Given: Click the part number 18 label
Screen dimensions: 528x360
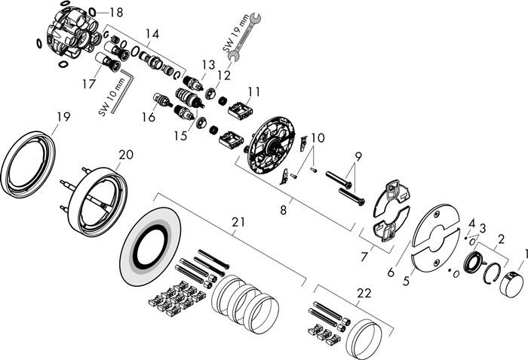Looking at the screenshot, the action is tap(116, 13).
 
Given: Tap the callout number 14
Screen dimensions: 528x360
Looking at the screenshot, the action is tap(152, 34).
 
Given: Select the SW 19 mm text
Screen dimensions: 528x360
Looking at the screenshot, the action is tap(236, 32).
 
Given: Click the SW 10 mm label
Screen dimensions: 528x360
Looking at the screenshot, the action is tap(112, 97).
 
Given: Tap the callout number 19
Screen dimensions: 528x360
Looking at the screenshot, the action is tap(63, 117).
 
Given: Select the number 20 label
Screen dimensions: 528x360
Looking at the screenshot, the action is tap(126, 155).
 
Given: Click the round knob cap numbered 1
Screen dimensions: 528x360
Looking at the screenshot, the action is tap(511, 285).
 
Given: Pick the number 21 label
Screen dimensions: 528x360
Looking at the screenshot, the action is tap(238, 222).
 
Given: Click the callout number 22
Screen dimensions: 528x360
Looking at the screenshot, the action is tap(364, 294).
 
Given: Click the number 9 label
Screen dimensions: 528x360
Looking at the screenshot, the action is tap(358, 156).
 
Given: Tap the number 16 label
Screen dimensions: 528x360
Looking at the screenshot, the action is tap(148, 117).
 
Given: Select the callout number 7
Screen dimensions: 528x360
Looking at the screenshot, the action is tap(364, 257).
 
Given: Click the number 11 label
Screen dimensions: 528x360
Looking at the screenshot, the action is tap(254, 91).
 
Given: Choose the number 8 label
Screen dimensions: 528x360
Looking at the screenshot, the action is tap(283, 211).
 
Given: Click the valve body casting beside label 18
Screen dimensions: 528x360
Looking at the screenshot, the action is tap(72, 36).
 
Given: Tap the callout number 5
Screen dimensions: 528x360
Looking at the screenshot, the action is tap(407, 281).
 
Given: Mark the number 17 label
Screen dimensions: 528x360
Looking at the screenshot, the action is tap(89, 84).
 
